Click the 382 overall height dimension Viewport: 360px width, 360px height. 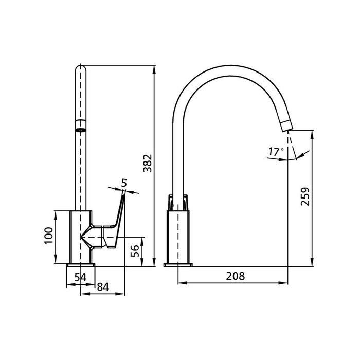click(x=148, y=163)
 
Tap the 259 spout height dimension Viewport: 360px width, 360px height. click(x=305, y=196)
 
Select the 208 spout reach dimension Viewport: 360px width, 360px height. click(x=236, y=276)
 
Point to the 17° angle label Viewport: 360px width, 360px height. click(x=276, y=152)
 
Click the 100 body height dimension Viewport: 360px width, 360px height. click(x=49, y=236)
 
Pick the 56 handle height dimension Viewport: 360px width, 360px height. click(x=135, y=251)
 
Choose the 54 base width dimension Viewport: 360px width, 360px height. click(x=81, y=277)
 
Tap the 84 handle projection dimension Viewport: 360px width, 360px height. click(x=103, y=287)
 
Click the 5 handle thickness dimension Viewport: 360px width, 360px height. click(x=124, y=183)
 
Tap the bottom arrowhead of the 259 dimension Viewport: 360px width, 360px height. click(x=312, y=262)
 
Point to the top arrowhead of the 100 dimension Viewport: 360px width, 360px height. click(x=56, y=215)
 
